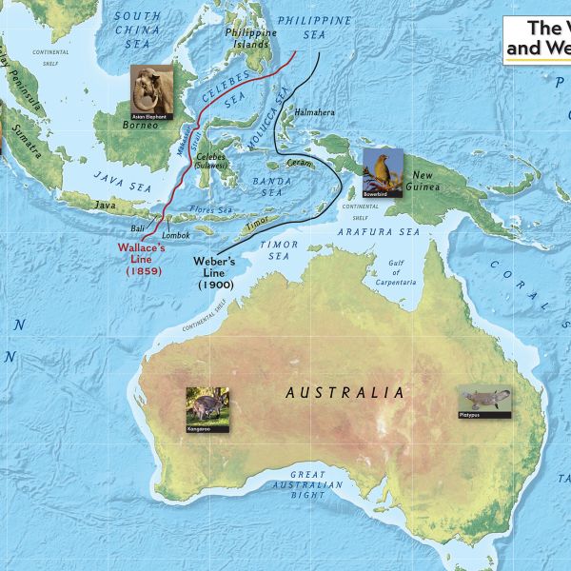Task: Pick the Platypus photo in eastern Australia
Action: point(483,403)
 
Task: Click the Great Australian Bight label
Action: point(315,484)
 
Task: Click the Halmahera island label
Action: point(315,112)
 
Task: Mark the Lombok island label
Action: point(176,234)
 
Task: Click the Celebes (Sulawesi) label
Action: point(213,161)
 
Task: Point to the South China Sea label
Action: point(137,30)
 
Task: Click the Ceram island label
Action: point(299,164)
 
